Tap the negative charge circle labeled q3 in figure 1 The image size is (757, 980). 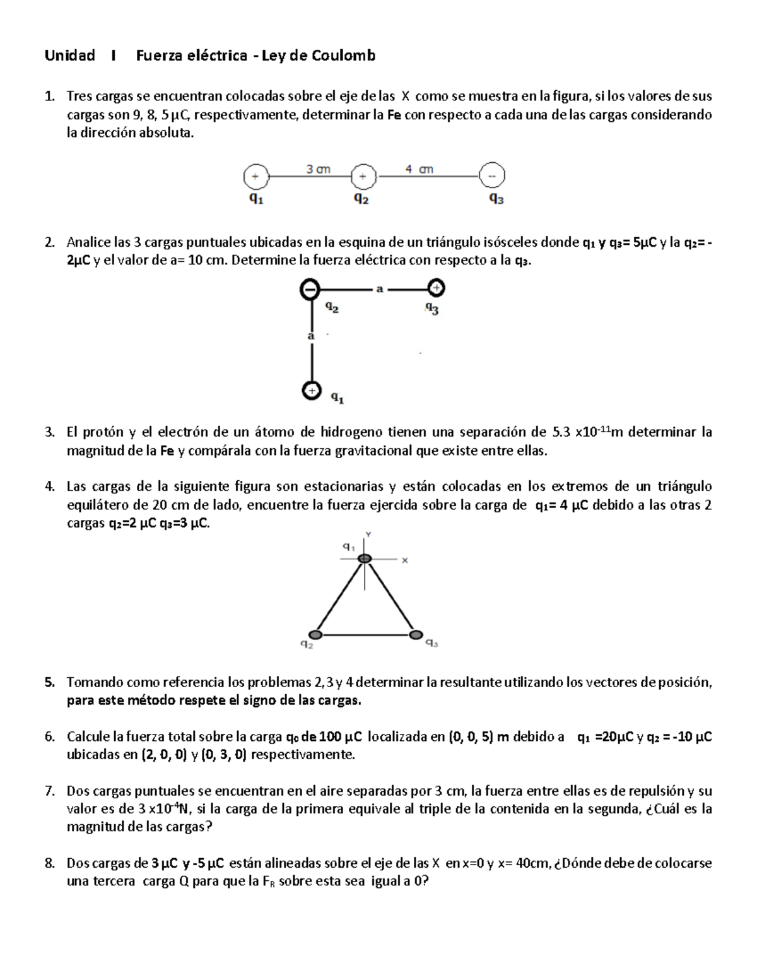coord(491,176)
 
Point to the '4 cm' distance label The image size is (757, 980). coord(419,169)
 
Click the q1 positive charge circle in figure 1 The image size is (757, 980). coord(255,177)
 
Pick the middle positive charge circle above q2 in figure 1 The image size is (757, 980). coord(363,177)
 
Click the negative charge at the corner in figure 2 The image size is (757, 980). coord(310,290)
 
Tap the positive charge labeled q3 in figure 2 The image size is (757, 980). coord(436,289)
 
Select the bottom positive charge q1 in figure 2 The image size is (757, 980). coord(310,391)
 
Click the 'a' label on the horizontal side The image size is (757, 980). coord(379,289)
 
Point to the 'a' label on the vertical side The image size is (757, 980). coord(310,336)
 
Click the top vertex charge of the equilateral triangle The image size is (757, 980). coord(365,558)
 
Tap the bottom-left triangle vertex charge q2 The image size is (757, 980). coord(315,634)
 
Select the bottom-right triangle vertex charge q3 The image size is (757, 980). coord(414,634)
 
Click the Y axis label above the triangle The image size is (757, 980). coord(368,534)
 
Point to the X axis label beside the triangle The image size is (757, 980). coord(405,560)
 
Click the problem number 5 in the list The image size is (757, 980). coord(49,682)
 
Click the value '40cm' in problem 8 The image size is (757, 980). coord(533,863)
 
